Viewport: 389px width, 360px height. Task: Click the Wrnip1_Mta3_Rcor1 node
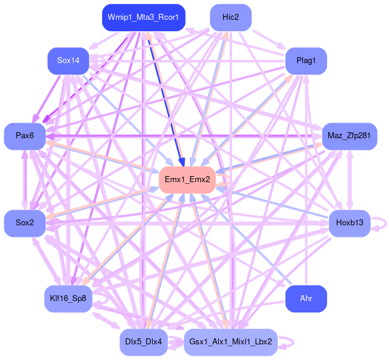(143, 17)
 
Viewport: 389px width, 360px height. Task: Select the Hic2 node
(230, 17)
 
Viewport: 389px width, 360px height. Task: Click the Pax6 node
(25, 136)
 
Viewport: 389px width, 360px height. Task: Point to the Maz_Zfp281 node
(349, 136)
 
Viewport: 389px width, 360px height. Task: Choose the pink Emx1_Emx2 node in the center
(187, 179)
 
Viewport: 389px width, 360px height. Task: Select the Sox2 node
(25, 223)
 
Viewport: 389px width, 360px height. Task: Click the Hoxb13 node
(349, 223)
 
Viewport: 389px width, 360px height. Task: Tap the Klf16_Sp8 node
(69, 298)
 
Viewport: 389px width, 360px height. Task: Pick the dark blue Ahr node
(305, 298)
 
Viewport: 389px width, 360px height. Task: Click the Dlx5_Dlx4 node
(143, 342)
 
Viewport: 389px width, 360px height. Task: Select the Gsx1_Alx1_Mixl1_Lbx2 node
(230, 342)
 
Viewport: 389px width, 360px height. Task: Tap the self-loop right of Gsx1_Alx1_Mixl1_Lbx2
(289, 342)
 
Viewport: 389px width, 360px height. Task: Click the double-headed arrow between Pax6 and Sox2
(25, 180)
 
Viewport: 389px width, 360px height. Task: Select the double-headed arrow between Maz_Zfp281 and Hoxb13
(349, 180)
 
